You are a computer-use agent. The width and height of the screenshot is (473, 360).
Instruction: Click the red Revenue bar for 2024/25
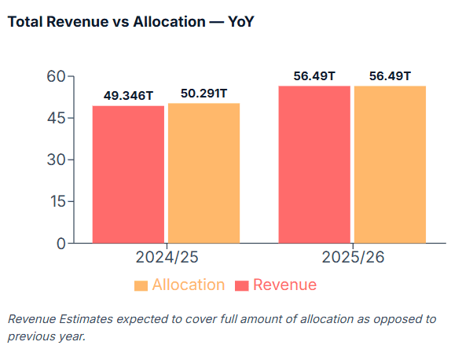pyautogui.click(x=128, y=174)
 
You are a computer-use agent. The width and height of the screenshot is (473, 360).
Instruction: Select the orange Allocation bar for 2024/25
pyautogui.click(x=203, y=173)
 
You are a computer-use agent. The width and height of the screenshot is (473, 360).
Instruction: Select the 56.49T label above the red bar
pyautogui.click(x=314, y=75)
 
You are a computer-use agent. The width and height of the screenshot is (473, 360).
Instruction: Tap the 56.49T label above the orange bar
pyautogui.click(x=390, y=75)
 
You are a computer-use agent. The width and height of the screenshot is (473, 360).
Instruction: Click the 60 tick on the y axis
pyautogui.click(x=55, y=77)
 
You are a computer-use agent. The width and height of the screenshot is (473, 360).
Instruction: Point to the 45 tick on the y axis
pyautogui.click(x=55, y=119)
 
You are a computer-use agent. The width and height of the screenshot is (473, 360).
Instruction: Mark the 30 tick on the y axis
pyautogui.click(x=55, y=160)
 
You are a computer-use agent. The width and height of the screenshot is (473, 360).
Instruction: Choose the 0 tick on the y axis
pyautogui.click(x=60, y=244)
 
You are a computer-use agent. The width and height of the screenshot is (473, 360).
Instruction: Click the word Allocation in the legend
pyautogui.click(x=189, y=285)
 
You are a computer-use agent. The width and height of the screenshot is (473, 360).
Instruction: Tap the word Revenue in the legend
pyautogui.click(x=285, y=285)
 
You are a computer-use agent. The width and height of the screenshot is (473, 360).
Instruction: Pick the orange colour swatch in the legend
pyautogui.click(x=141, y=285)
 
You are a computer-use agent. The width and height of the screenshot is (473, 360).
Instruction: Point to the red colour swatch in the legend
pyautogui.click(x=242, y=285)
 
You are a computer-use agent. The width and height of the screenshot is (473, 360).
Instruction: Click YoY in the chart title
pyautogui.click(x=240, y=22)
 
